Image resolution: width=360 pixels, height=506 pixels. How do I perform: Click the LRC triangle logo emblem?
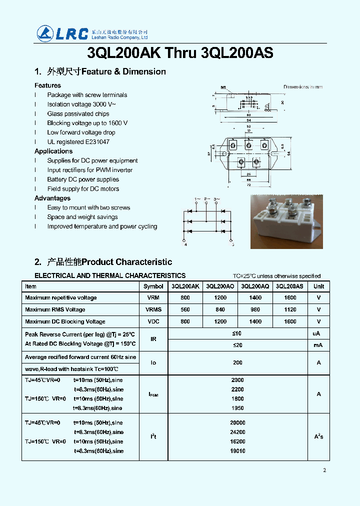pos(45,33)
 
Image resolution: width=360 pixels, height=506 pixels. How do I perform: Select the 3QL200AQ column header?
pos(255,286)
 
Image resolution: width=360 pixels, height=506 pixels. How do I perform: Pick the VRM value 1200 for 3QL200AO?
pos(220,298)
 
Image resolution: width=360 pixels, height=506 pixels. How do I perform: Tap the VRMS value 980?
pos(255,310)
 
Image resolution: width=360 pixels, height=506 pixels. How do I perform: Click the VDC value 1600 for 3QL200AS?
pos(290,322)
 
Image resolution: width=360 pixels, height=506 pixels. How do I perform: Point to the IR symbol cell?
pos(153,339)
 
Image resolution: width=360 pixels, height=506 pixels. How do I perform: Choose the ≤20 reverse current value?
pos(237,345)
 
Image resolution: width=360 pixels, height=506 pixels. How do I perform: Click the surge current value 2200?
pos(237,389)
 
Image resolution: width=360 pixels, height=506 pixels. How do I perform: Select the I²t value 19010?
pos(237,451)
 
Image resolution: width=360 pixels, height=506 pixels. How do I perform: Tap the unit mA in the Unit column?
pos(318,345)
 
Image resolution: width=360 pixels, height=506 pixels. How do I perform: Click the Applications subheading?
pos(53,151)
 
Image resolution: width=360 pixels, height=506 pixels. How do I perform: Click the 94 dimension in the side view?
pos(248,120)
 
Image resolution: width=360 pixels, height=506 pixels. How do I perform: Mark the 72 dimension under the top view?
pos(248,185)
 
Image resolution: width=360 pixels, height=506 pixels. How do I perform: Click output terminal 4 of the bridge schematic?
pos(185,244)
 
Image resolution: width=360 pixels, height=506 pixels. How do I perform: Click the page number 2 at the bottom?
pos(324,470)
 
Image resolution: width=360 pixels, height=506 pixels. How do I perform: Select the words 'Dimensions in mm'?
pos(303,87)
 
